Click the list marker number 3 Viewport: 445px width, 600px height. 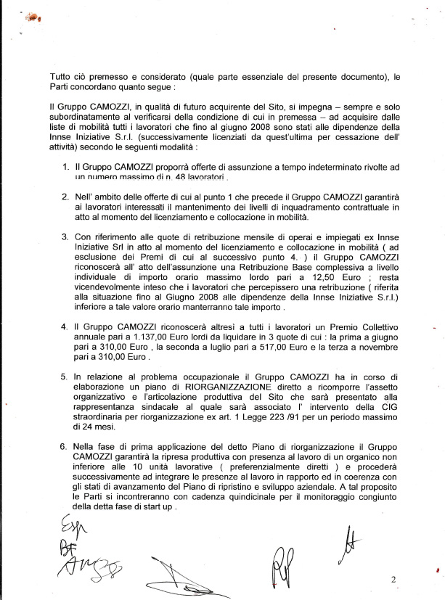tap(65, 236)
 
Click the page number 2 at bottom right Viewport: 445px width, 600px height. tap(393, 580)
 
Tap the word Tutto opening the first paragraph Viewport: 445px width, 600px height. tap(63, 78)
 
